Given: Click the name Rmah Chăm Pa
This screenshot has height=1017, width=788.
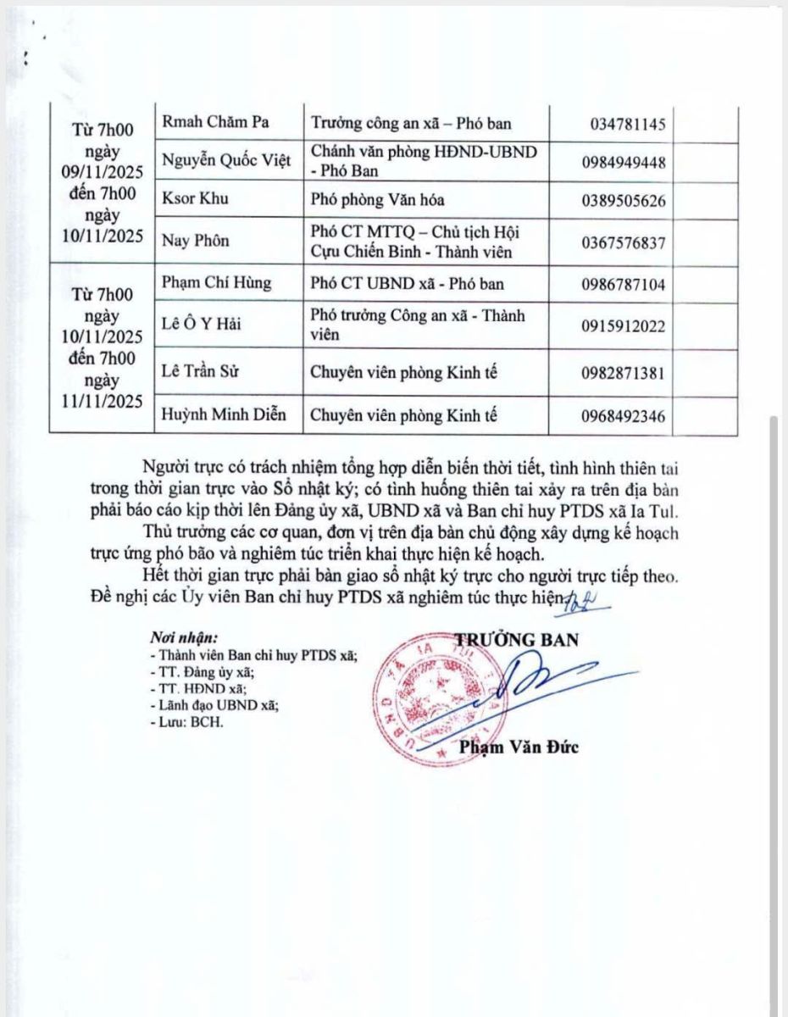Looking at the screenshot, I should point(215,122).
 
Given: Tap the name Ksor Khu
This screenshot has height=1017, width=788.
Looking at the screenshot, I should point(195,200).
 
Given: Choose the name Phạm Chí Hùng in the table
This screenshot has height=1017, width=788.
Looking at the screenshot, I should point(217,282).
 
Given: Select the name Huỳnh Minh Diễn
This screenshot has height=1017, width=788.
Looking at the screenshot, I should point(223,415).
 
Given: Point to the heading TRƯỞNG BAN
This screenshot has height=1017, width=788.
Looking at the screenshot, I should point(517,639).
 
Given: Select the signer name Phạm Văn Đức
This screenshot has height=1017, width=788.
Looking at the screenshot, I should point(519,747).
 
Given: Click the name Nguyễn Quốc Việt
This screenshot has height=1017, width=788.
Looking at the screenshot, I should point(225,161).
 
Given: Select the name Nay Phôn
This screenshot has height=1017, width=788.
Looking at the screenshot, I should point(196,242).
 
